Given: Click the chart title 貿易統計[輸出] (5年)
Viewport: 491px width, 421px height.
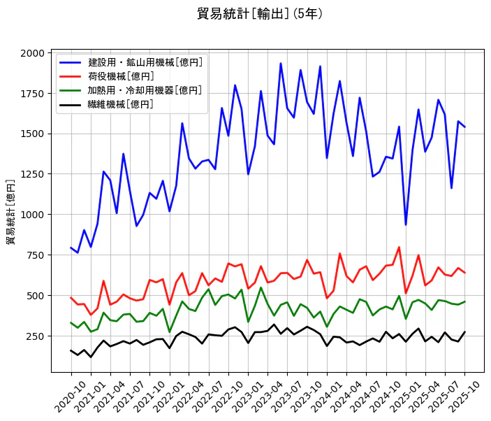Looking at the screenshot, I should click(x=260, y=14).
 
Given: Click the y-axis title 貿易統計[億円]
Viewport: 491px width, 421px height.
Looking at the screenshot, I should click(x=10, y=212).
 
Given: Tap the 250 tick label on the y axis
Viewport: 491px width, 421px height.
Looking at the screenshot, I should click(x=35, y=336).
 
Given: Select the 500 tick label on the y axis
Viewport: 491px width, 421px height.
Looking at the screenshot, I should click(x=35, y=296).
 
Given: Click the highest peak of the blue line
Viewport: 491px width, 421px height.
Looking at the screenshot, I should click(x=281, y=64).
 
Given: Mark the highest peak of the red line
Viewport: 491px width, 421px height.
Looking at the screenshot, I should click(x=399, y=247).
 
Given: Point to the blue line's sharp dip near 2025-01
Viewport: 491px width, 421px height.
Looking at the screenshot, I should click(x=406, y=224).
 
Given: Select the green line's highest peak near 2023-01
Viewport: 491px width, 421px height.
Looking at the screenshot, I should click(x=261, y=287).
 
